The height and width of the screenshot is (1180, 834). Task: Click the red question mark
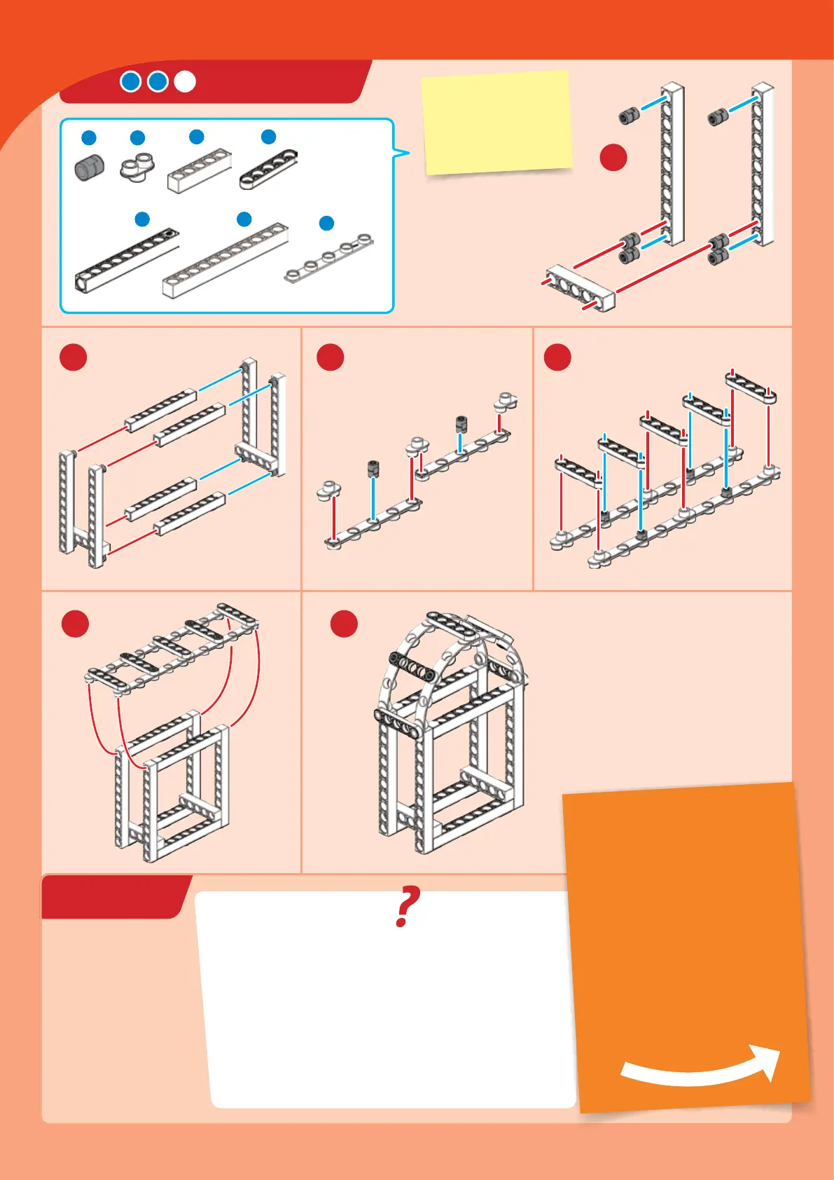pos(407,906)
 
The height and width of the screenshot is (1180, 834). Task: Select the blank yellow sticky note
pos(497,122)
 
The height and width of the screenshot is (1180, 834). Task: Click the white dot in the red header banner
pos(185,82)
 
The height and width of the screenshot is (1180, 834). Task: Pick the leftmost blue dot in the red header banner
pos(131,82)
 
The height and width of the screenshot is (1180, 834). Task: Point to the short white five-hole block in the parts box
pos(200,170)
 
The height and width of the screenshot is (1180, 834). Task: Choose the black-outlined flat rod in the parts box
pos(269,170)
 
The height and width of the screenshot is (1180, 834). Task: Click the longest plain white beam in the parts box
pos(225,261)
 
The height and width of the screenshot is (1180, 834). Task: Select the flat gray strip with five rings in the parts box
pos(329,257)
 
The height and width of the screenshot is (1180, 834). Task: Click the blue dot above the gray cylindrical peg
pos(89,137)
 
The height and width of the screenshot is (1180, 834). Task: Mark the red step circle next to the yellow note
pos(613,158)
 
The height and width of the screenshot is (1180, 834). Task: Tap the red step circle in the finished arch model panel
pos(344,624)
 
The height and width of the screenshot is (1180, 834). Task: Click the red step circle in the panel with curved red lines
pos(76,624)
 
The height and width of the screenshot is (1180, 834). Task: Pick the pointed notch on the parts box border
pos(401,153)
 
